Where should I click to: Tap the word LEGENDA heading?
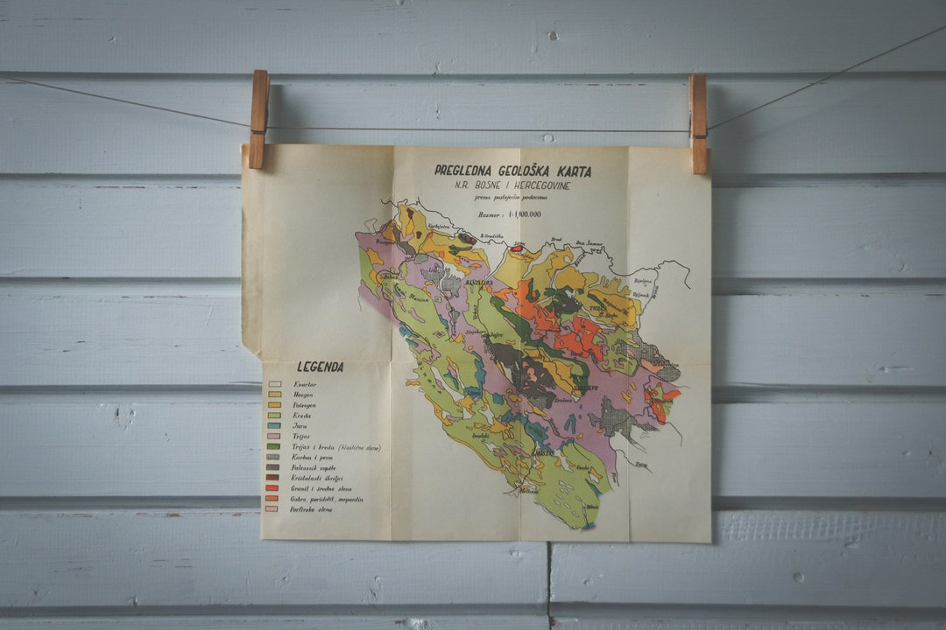click(x=320, y=367)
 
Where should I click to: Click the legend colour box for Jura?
click(x=274, y=426)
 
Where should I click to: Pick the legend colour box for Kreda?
click(x=274, y=416)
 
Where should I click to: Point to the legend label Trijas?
click(x=302, y=437)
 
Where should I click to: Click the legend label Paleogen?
click(x=307, y=405)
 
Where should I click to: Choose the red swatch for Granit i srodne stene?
click(x=274, y=488)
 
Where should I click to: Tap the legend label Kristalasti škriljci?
click(x=322, y=478)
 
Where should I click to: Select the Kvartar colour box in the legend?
click(x=274, y=384)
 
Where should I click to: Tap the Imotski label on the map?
click(x=481, y=434)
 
